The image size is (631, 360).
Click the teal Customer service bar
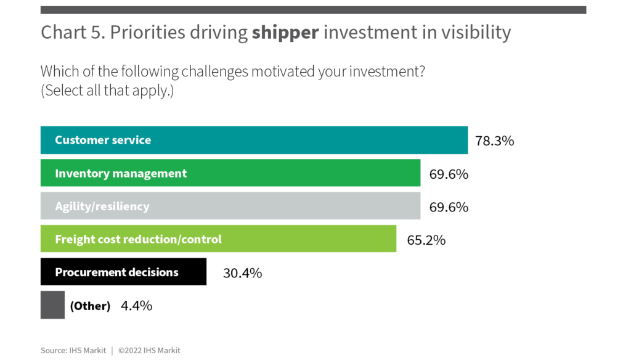point(254,140)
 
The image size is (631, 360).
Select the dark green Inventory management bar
point(230,173)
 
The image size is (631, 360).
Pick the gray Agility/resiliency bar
point(230,206)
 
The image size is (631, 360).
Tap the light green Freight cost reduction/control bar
point(218,239)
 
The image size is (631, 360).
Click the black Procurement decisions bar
point(123,272)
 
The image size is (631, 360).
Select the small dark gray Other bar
point(52,305)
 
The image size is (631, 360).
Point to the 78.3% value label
point(494,141)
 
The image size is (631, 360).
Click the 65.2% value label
point(426,240)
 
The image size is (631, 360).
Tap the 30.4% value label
point(242,273)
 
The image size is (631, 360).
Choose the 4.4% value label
point(136,306)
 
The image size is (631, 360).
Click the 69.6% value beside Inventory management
point(449,174)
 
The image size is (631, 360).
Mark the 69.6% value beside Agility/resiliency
point(449,207)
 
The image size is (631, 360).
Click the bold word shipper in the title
point(285,33)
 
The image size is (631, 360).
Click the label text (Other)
point(90,306)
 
